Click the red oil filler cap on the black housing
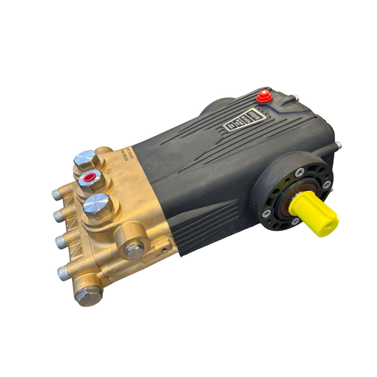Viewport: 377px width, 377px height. [264, 97]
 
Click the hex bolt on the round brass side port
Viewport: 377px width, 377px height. [135, 250]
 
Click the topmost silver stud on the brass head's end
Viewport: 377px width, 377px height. [57, 194]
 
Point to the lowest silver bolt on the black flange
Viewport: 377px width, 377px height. [295, 221]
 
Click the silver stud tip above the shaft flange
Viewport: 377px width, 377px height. [338, 145]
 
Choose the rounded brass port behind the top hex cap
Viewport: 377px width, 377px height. [104, 151]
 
